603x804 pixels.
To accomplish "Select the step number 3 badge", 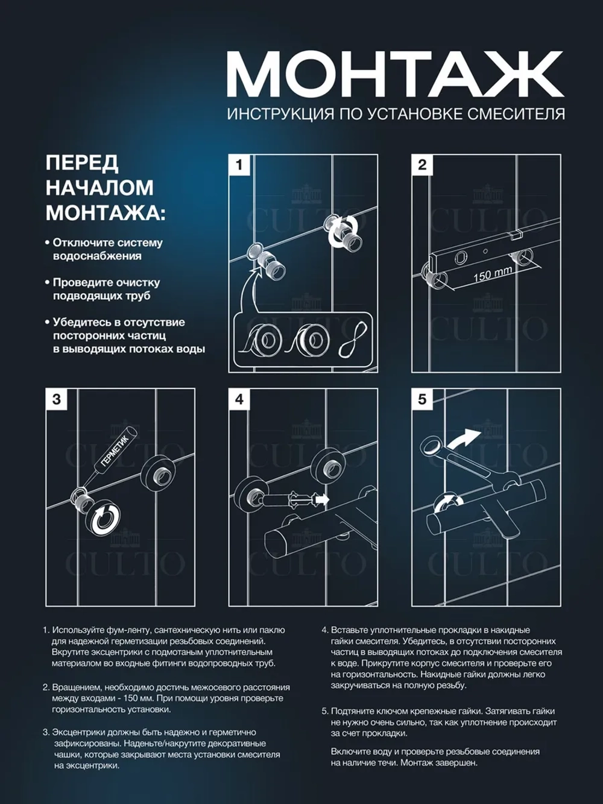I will (x=57, y=399).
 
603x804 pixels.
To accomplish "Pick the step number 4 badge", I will (x=240, y=399).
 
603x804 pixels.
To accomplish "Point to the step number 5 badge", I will (x=422, y=399).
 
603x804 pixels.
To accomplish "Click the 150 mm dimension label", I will (x=493, y=274).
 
